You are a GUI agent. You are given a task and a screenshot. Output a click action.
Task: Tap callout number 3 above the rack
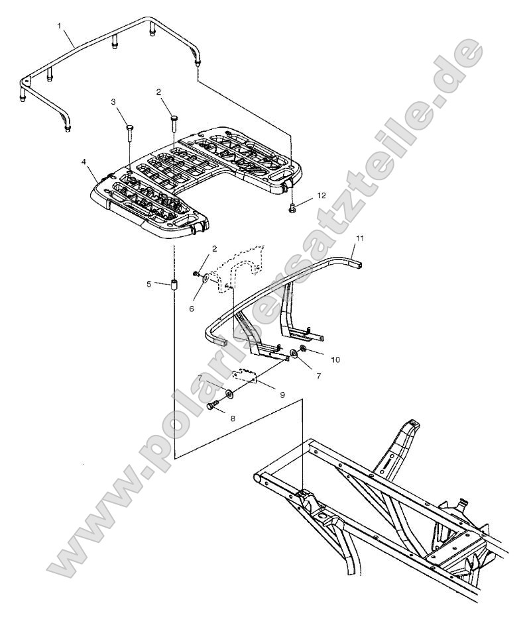113,102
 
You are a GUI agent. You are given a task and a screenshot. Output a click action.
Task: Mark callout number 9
282,394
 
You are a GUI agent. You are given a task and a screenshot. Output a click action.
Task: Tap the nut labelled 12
292,209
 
